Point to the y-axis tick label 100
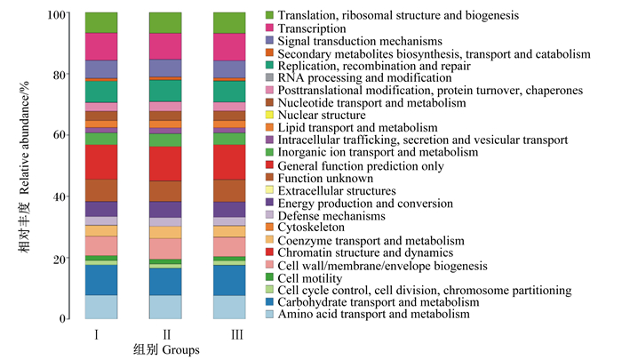point(56,15)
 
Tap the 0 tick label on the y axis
point(63,319)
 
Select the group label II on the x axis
point(167,334)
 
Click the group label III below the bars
point(237,334)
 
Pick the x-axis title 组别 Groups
point(166,349)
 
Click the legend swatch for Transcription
point(270,28)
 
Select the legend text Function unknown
point(325,178)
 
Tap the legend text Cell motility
point(310,278)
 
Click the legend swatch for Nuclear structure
point(270,115)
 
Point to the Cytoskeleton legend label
point(311,228)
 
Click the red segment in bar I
point(101,162)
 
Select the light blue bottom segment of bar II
point(165,307)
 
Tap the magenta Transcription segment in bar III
point(229,47)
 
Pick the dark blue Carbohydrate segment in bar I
point(101,280)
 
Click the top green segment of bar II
point(165,23)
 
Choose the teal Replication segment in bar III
point(229,92)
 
